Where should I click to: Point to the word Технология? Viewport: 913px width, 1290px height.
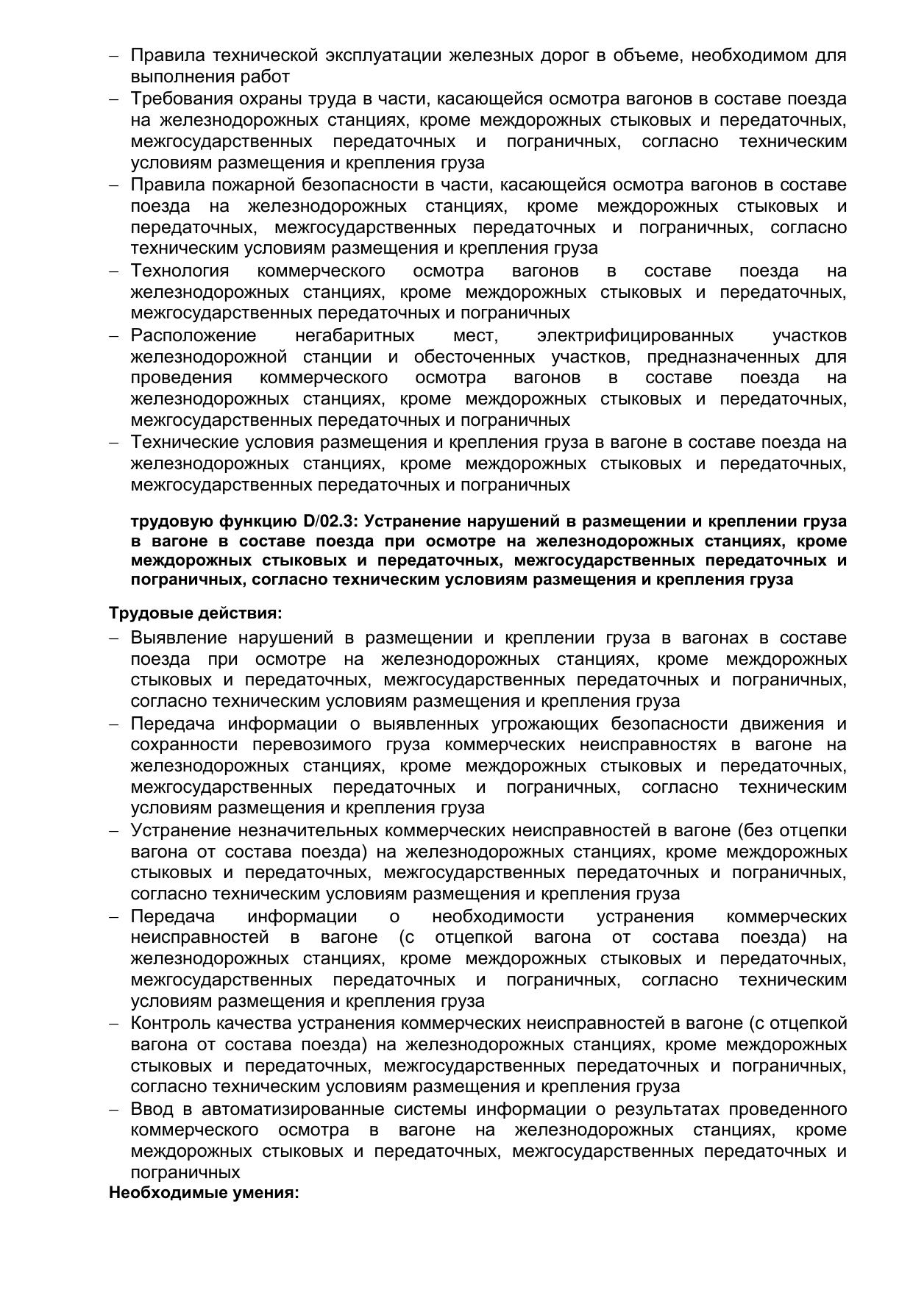[180, 271]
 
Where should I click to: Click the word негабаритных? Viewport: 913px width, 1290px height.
[355, 335]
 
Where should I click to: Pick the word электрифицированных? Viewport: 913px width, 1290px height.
[636, 335]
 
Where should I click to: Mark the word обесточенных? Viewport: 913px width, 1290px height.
[475, 357]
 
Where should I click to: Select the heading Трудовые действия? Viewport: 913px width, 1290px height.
[196, 613]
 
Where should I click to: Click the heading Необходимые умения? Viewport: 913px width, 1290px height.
[204, 1192]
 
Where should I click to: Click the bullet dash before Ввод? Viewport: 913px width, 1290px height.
[114, 1109]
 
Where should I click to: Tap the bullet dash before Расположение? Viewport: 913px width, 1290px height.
[114, 336]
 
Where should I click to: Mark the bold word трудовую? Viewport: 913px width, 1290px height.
[171, 521]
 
